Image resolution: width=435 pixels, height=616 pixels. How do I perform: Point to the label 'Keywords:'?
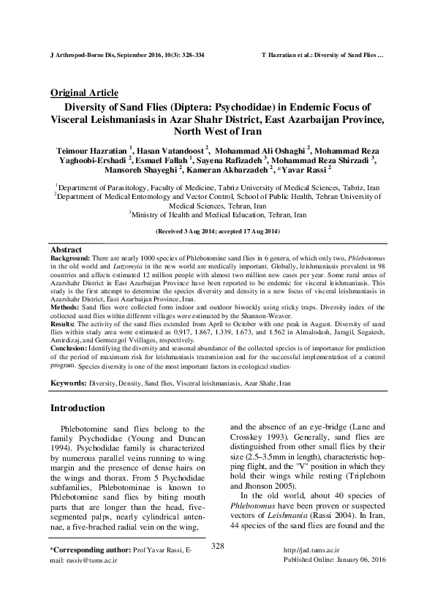(x=68, y=383)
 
